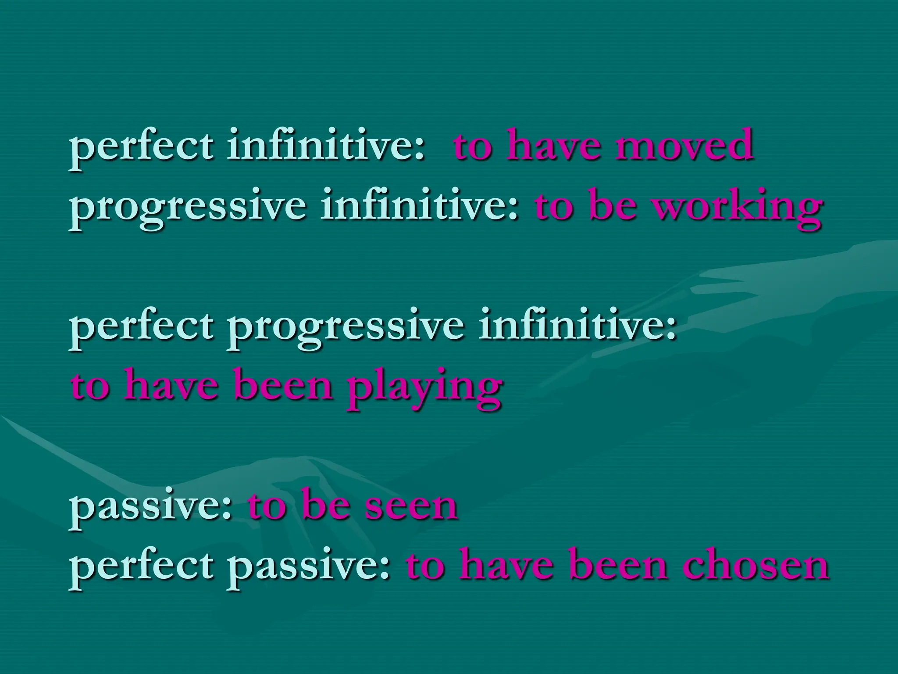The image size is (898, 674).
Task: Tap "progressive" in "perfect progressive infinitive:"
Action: (346, 327)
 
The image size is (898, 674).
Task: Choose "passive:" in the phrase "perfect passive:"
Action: (310, 568)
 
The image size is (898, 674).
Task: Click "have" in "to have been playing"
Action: (171, 386)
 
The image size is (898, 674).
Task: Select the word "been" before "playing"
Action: (283, 386)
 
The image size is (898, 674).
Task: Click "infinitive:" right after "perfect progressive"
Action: (577, 326)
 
